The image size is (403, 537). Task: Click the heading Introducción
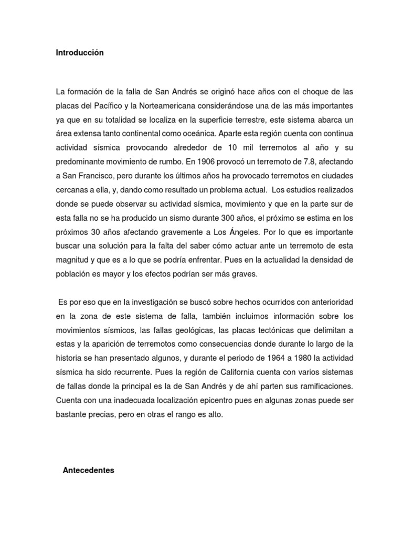tap(80, 52)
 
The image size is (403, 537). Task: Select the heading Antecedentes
tap(88, 456)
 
